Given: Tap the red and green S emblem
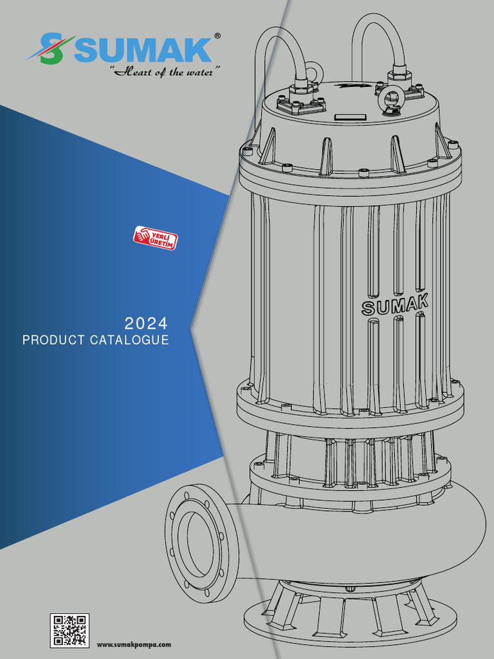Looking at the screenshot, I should tap(50, 49).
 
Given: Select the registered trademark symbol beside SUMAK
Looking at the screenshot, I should tap(217, 37).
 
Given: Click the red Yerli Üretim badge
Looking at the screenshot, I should tap(155, 237).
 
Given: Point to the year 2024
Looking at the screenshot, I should tap(146, 322).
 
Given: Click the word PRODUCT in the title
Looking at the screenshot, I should tap(53, 340).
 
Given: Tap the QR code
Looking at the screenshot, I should tap(69, 630).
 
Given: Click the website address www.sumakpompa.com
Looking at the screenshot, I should tap(134, 644).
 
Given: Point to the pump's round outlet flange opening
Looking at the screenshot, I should tap(195, 543).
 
